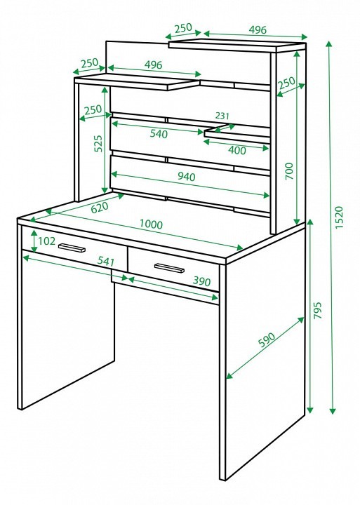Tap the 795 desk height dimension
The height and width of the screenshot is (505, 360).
(318, 311)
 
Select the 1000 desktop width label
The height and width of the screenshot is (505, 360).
(151, 224)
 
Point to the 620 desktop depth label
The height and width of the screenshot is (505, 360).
(100, 207)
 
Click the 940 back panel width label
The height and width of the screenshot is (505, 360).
(186, 177)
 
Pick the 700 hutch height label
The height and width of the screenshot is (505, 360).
(289, 171)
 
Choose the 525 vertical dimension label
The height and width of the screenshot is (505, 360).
(98, 143)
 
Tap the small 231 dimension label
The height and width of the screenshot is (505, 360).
(222, 115)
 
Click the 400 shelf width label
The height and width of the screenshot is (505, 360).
(237, 150)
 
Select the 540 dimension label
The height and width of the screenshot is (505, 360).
(159, 133)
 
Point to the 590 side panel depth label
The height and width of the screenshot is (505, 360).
(267, 339)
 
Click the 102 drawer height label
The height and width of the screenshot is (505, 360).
(47, 241)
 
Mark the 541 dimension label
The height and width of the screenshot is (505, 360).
(106, 261)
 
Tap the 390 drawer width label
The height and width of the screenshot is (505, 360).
(202, 281)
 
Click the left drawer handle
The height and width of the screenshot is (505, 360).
(72, 248)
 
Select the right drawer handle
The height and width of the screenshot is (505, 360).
(169, 268)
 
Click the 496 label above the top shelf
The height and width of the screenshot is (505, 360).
(258, 29)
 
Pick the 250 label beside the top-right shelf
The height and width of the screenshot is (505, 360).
(287, 83)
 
